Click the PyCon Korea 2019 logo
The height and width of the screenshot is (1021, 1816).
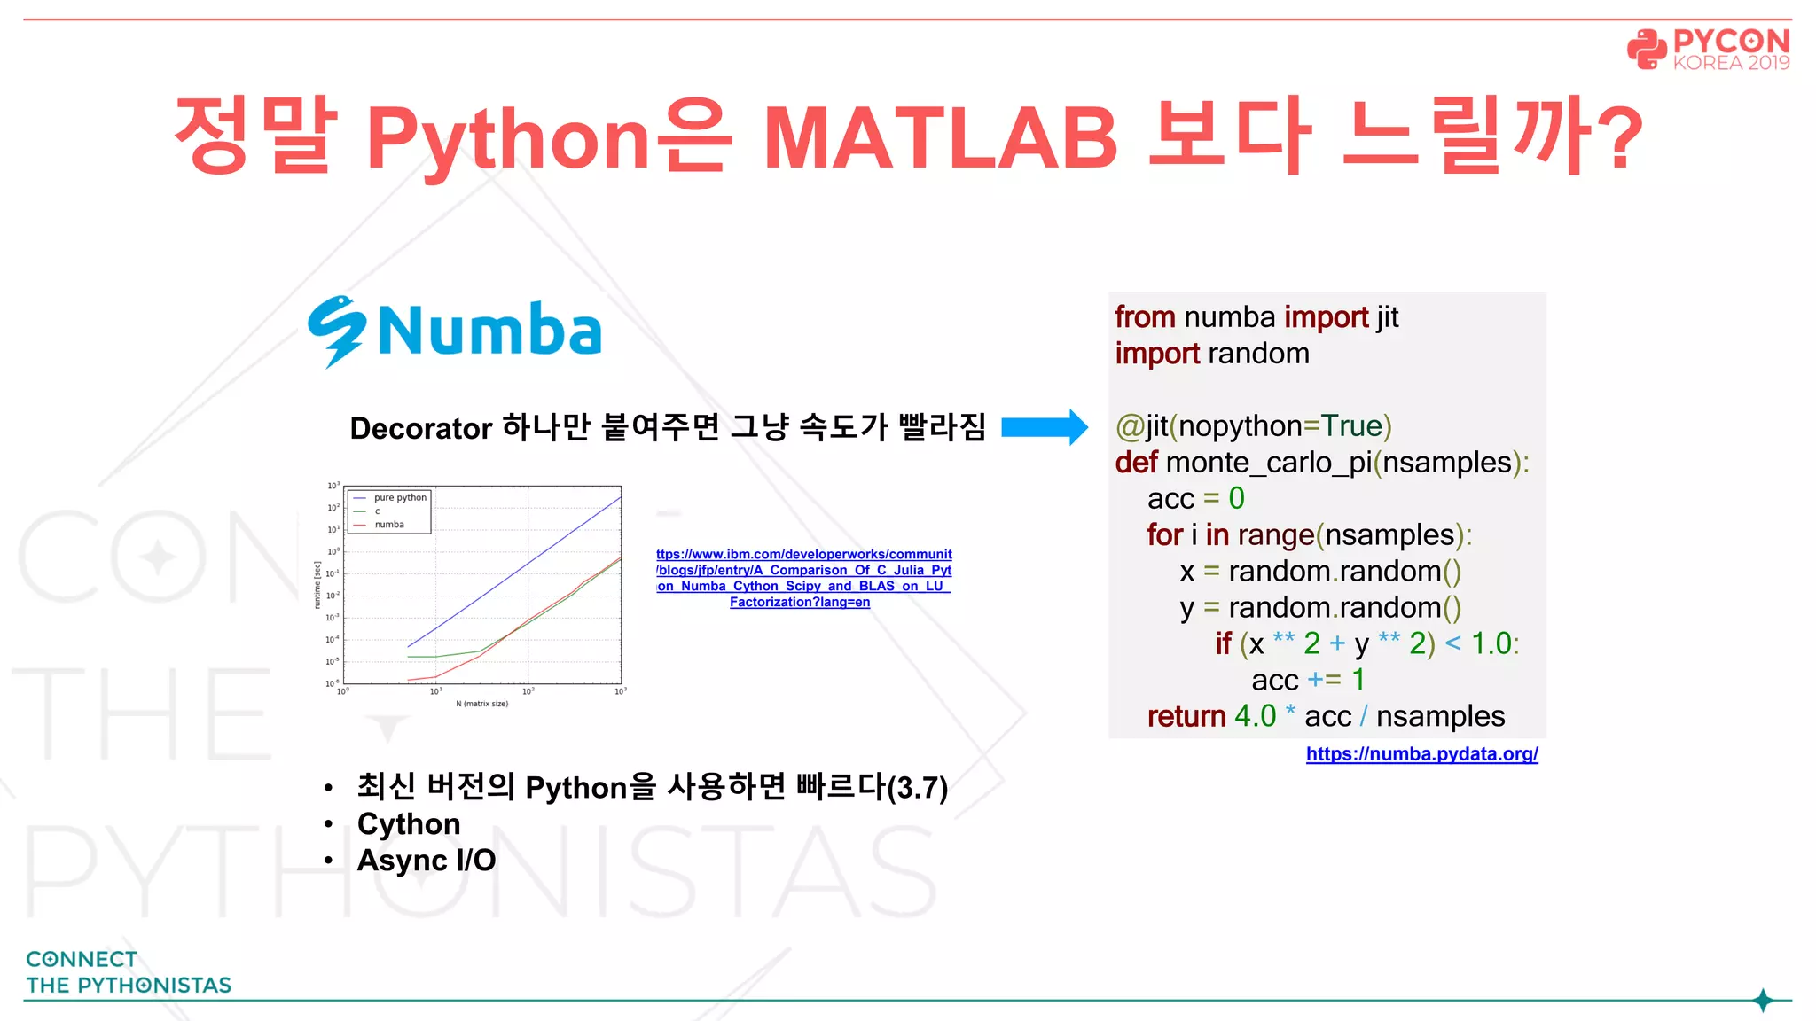click(1708, 50)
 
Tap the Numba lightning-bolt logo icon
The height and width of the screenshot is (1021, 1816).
click(337, 331)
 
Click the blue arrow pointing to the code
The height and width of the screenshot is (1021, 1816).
click(1044, 427)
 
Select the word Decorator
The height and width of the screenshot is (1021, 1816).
click(420, 428)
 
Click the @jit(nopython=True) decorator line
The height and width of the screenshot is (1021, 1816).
click(1253, 426)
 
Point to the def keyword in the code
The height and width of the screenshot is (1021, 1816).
click(1136, 463)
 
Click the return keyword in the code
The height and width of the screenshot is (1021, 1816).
click(1186, 716)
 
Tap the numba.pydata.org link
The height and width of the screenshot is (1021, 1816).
click(1421, 754)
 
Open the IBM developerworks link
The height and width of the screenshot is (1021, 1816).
click(803, 578)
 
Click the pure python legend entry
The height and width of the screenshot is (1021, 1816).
click(400, 498)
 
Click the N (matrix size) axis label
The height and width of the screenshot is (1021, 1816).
click(481, 704)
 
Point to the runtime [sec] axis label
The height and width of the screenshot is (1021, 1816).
click(317, 585)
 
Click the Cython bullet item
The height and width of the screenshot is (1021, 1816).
click(409, 824)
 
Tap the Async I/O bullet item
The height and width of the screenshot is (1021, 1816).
click(426, 861)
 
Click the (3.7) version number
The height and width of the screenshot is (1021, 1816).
click(918, 788)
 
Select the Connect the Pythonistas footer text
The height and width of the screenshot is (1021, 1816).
click(128, 972)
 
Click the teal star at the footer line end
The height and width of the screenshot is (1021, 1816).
click(1763, 1001)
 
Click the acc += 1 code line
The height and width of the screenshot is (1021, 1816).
click(1307, 680)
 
